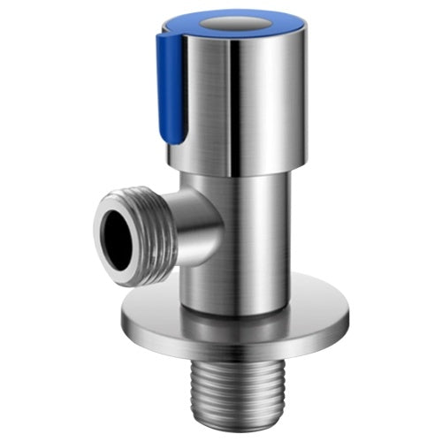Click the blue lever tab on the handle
tap(171, 88)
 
